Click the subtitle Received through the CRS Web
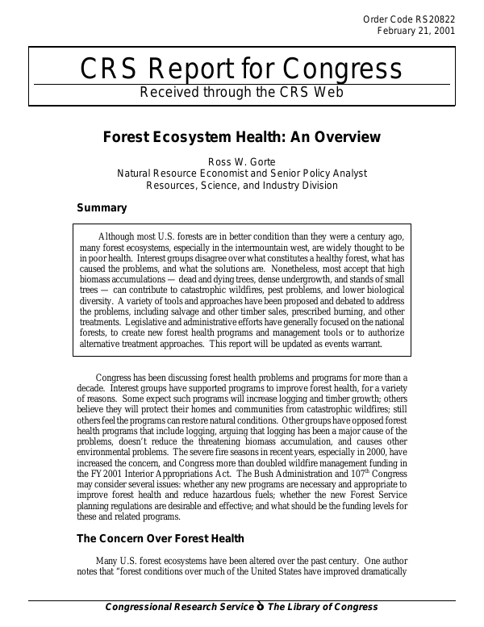tap(241, 91)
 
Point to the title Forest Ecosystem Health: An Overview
tap(241, 137)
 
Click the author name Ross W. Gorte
tap(241, 161)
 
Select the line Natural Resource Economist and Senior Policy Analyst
tap(241, 173)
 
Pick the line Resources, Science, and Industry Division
tap(241, 185)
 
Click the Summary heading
tap(102, 208)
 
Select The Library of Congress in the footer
tap(322, 608)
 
